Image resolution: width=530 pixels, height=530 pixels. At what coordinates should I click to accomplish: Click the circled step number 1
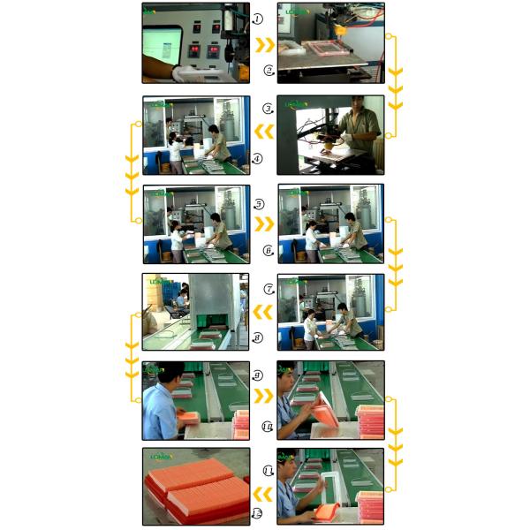pyautogui.click(x=257, y=19)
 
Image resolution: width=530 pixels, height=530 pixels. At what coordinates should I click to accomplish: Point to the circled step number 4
pyautogui.click(x=257, y=160)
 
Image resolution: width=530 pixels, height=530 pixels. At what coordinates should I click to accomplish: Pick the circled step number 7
pyautogui.click(x=269, y=289)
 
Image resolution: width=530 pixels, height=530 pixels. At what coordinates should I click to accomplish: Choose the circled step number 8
pyautogui.click(x=257, y=337)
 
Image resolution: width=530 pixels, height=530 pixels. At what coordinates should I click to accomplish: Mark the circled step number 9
pyautogui.click(x=257, y=375)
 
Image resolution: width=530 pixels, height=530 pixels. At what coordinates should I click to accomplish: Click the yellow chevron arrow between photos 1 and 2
pyautogui.click(x=263, y=44)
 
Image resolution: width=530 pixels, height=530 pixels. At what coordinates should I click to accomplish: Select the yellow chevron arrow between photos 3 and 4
pyautogui.click(x=263, y=133)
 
